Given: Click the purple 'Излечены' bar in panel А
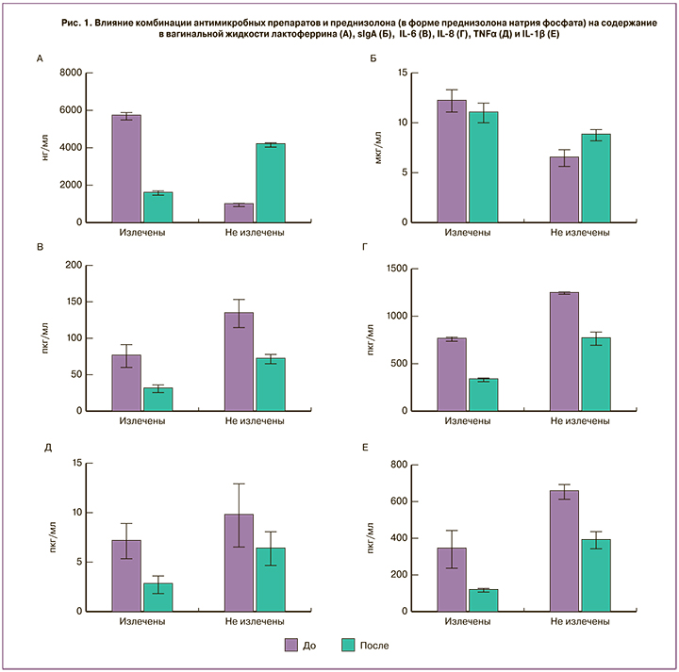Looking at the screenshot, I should [126, 169].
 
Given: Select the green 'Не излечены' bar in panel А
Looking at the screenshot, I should [271, 183].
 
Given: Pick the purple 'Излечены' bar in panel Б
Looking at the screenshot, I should [452, 161].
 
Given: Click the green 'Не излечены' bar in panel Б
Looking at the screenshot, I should [596, 178].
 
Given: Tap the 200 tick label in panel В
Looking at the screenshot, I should [71, 265].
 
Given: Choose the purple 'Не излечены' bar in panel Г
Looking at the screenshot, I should [565, 352].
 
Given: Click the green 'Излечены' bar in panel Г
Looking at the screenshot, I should [483, 395].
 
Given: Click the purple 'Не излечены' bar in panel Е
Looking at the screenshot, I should [565, 550].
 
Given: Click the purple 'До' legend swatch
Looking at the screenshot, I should [293, 646].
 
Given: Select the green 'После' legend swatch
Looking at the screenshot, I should [348, 646].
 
